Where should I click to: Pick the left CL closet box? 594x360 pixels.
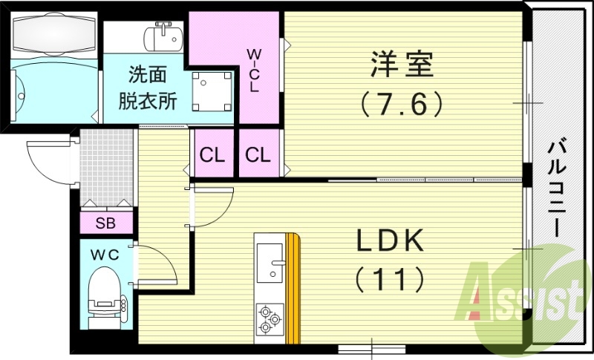212,155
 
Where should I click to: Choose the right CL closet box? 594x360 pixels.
258,155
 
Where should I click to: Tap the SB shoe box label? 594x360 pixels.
105,222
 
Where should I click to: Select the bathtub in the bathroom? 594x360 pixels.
53,33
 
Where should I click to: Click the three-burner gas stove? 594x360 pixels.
270,320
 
